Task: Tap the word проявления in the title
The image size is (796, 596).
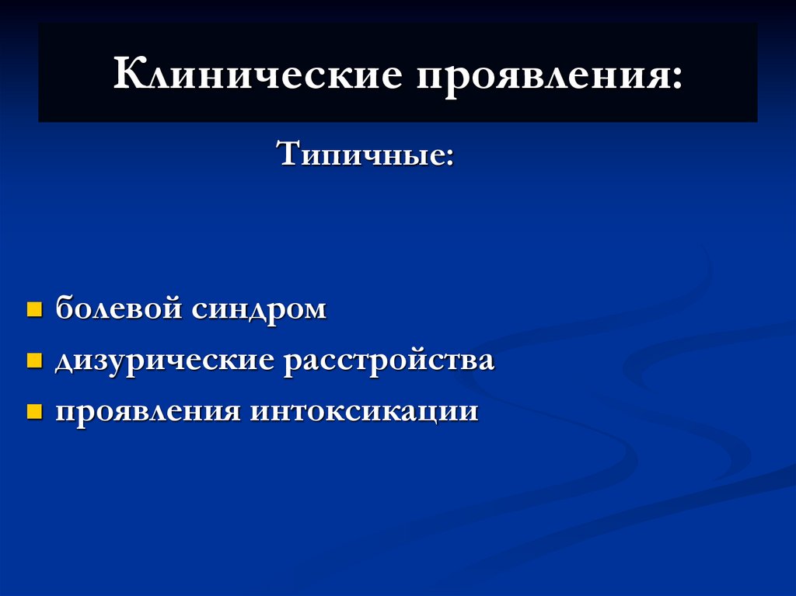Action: point(544,76)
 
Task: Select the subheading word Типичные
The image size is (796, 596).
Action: point(358,154)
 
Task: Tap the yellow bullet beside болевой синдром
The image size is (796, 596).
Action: point(34,310)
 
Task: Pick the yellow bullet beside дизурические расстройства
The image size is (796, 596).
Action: point(34,361)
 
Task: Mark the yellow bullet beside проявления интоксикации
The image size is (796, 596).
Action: point(34,411)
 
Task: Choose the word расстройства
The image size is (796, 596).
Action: point(389,361)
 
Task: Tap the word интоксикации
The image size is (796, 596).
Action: point(364,411)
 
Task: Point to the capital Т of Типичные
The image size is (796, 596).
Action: point(288,153)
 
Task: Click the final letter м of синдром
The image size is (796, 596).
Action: point(314,310)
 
